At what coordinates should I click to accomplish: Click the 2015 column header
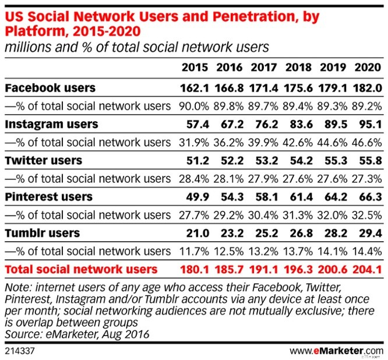(195, 67)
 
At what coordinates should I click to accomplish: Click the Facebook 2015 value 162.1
(195, 89)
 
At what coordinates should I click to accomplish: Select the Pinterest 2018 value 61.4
(298, 196)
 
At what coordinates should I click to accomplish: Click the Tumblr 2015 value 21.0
(196, 233)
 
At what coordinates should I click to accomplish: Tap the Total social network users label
(80, 269)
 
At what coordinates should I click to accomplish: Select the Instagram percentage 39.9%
(264, 142)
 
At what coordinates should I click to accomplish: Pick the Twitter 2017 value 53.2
(264, 160)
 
